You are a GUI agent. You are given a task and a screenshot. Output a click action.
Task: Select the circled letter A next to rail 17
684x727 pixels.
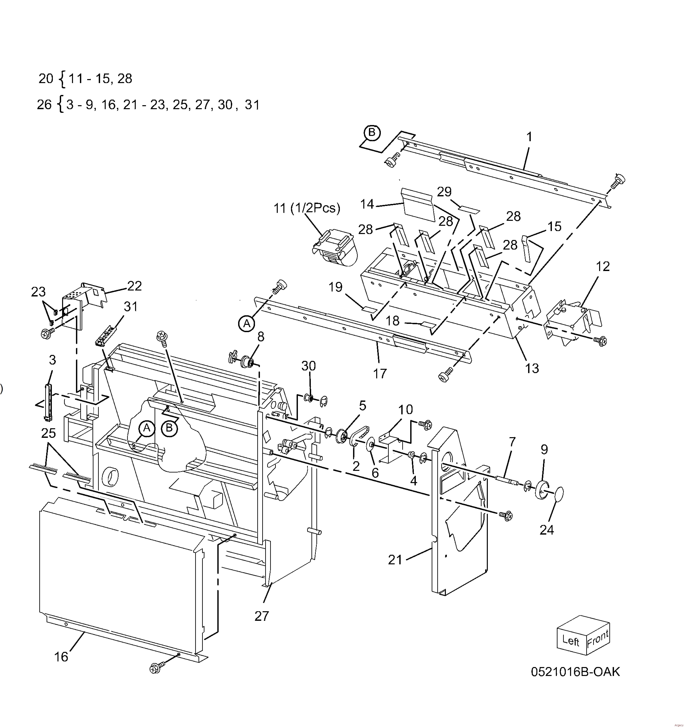247,323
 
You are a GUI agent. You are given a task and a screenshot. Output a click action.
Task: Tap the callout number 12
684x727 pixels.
603,267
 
